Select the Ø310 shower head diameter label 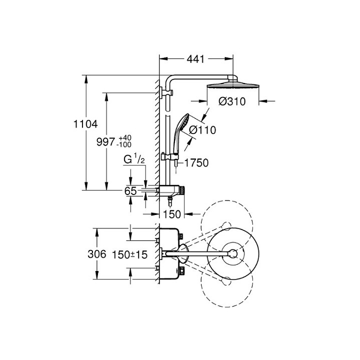(232, 101)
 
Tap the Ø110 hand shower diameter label (202, 130)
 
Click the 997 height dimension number (105, 141)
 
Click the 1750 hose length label (196, 162)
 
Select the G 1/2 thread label (134, 160)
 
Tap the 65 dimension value (130, 191)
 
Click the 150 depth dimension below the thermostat (171, 214)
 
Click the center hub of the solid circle (232, 253)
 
